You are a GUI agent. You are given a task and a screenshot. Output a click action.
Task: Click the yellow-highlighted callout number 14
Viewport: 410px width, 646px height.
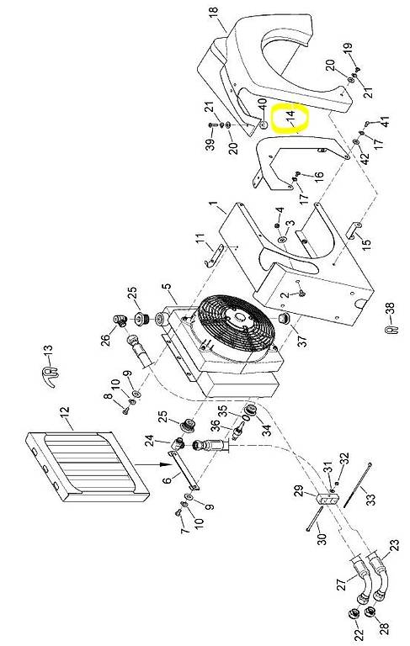pyautogui.click(x=290, y=117)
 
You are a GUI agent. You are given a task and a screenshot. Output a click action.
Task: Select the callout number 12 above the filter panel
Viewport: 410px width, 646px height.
pyautogui.click(x=64, y=413)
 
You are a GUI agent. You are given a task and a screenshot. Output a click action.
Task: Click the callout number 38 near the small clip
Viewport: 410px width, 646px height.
pyautogui.click(x=390, y=310)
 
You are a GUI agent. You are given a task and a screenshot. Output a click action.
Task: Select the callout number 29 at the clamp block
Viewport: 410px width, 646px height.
pyautogui.click(x=299, y=491)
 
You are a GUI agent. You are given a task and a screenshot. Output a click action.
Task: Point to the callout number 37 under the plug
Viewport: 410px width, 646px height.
pyautogui.click(x=302, y=340)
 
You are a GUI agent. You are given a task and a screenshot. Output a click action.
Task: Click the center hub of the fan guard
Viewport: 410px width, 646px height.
pyautogui.click(x=239, y=320)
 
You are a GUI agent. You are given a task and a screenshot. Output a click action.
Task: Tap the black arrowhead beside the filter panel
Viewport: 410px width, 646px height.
pyautogui.click(x=165, y=464)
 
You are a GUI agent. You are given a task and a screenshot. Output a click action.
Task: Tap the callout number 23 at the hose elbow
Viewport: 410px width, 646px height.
pyautogui.click(x=394, y=546)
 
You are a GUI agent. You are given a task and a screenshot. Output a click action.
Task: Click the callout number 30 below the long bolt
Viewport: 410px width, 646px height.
pyautogui.click(x=322, y=538)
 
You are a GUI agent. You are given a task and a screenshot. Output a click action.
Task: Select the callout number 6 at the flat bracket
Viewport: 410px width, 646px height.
pyautogui.click(x=168, y=480)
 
